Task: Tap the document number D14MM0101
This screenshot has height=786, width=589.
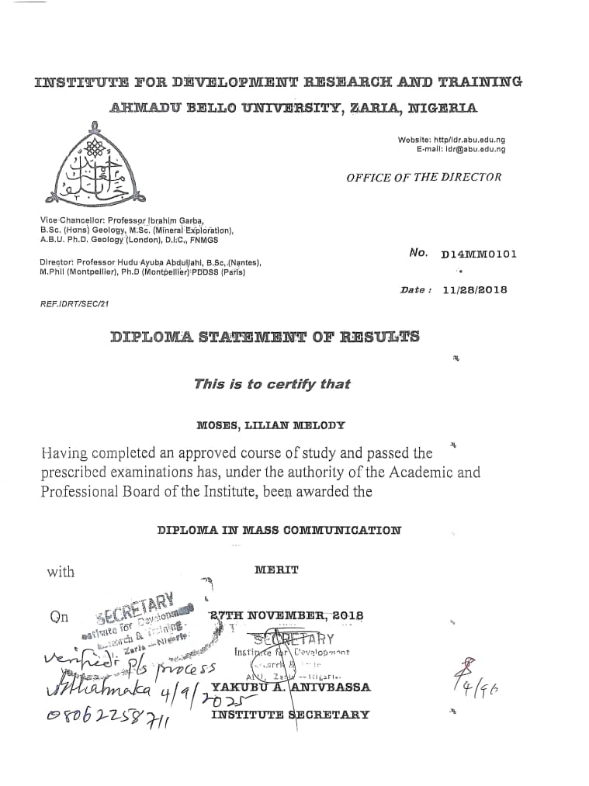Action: click(x=478, y=254)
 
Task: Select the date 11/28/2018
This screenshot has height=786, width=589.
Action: click(x=474, y=289)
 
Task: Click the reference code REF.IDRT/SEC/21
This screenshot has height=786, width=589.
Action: click(x=74, y=303)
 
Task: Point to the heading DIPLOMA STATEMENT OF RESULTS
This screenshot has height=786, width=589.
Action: click(x=265, y=337)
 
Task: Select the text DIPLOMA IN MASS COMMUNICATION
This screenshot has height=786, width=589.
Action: click(x=279, y=531)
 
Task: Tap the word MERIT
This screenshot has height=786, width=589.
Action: click(x=276, y=570)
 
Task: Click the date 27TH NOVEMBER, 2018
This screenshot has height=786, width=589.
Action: click(x=287, y=616)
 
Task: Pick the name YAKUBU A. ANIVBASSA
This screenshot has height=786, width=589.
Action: click(x=291, y=687)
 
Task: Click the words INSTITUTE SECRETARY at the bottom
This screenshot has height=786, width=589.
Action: click(x=290, y=715)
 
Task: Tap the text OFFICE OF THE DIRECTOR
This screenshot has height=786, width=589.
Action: click(x=424, y=177)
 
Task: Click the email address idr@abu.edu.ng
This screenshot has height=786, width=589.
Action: click(x=475, y=149)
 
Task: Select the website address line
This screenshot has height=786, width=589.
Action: click(x=451, y=140)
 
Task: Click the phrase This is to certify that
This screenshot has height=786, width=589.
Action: click(x=272, y=384)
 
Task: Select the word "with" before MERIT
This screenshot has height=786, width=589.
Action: click(x=61, y=573)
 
